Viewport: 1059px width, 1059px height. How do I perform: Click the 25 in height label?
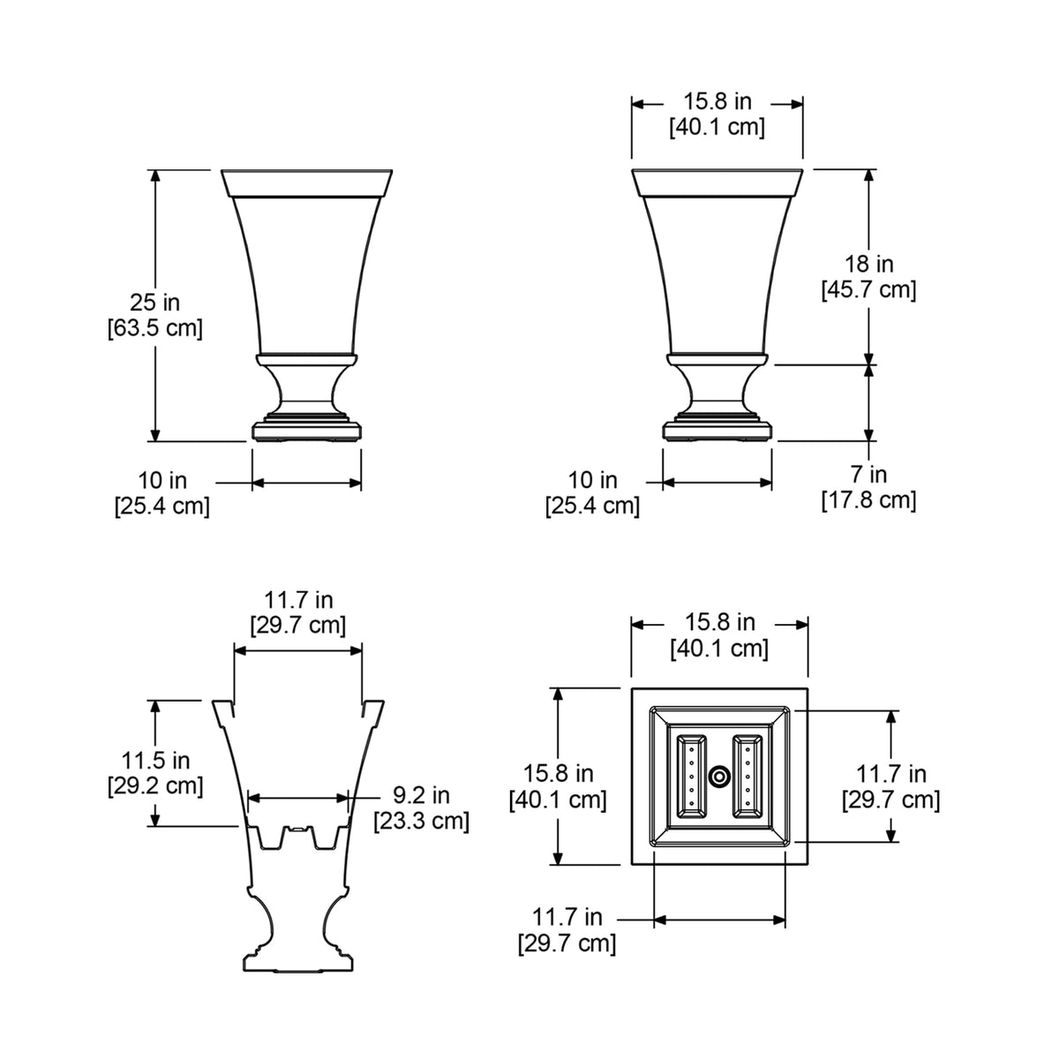(155, 303)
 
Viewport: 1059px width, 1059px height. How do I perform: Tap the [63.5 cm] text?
(155, 328)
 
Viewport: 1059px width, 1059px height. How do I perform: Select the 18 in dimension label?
(869, 264)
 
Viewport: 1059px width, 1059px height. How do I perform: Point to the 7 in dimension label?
(869, 474)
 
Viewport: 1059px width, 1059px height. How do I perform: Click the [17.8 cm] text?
(869, 500)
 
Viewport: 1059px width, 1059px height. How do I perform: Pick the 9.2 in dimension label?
(422, 794)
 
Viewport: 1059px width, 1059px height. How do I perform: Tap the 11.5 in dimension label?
(155, 760)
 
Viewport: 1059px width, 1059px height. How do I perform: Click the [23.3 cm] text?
(422, 821)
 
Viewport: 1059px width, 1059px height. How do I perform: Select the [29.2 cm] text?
(155, 786)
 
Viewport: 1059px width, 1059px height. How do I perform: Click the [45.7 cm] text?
(869, 289)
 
